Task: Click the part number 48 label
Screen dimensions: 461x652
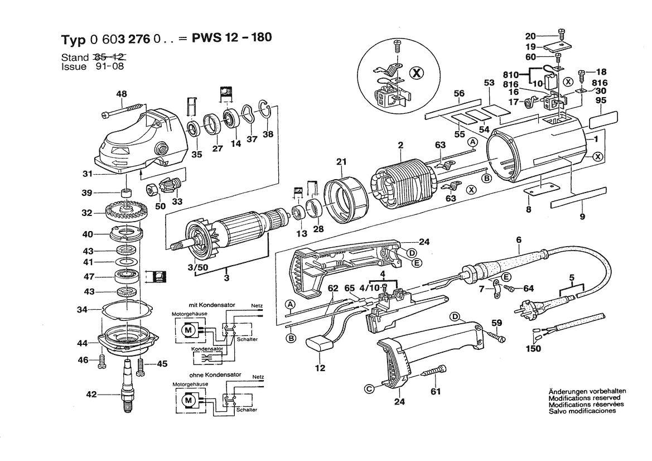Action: pyautogui.click(x=121, y=94)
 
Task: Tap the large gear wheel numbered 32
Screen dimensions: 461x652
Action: pyautogui.click(x=123, y=213)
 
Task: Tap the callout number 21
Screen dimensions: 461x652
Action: pyautogui.click(x=342, y=162)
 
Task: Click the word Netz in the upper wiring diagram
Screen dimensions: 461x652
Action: pyautogui.click(x=257, y=306)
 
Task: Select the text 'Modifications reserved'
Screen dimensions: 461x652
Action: pyautogui.click(x=584, y=398)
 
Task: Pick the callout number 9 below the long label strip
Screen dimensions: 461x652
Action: pyautogui.click(x=582, y=217)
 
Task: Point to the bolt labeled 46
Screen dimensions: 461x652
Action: pyautogui.click(x=102, y=361)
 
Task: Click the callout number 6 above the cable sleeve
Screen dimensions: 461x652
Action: pyautogui.click(x=518, y=240)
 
